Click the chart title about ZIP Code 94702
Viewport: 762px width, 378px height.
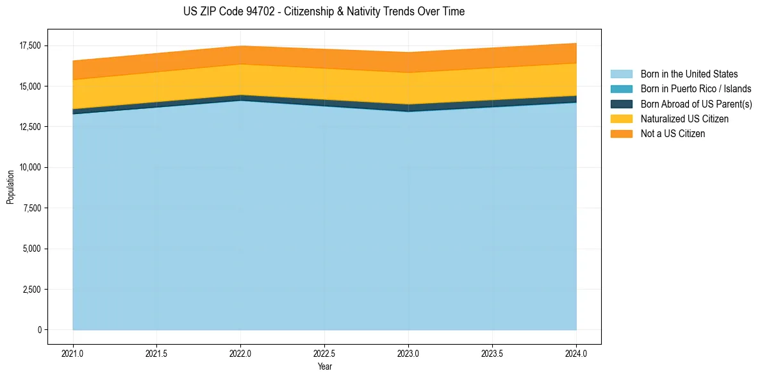[x=324, y=12]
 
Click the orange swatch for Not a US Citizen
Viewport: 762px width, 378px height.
[x=621, y=134]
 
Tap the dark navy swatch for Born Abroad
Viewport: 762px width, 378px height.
[x=621, y=104]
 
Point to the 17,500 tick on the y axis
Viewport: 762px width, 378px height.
[x=29, y=45]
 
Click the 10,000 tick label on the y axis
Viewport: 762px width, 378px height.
[x=29, y=167]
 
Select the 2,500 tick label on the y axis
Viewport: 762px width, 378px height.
[x=31, y=290]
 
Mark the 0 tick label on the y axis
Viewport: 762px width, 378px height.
[x=39, y=330]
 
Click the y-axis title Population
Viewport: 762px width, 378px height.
[x=10, y=187]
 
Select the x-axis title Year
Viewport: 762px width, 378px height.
[x=324, y=366]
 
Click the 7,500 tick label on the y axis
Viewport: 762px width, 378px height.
[x=31, y=208]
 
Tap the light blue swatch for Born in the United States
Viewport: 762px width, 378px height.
[x=621, y=74]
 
